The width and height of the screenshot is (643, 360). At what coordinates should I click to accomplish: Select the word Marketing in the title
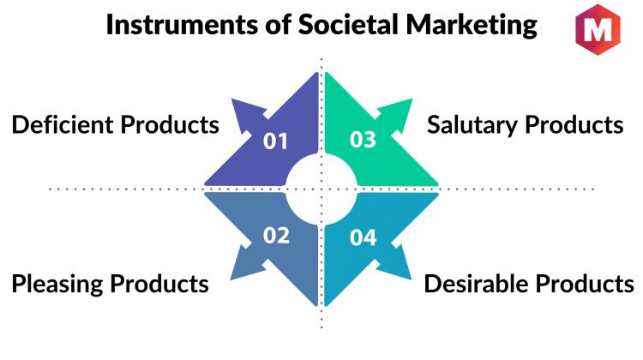[472, 26]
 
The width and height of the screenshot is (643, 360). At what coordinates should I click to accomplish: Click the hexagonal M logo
[598, 29]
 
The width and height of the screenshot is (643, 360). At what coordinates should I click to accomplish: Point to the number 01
[275, 141]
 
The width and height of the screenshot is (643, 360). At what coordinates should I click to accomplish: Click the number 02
[276, 236]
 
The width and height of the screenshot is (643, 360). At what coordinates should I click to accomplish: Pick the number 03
[363, 140]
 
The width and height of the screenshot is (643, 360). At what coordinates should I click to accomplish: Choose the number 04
[363, 237]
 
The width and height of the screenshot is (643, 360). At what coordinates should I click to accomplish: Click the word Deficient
[63, 124]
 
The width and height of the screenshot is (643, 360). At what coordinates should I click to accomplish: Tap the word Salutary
[472, 125]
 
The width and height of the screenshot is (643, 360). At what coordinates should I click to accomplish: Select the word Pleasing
[57, 285]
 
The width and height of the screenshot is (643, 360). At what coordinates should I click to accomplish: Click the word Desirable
[476, 284]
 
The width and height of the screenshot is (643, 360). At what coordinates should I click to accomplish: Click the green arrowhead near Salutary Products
[397, 113]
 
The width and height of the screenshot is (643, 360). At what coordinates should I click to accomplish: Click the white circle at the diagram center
[321, 189]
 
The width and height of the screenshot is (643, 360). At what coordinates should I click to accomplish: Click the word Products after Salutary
[574, 124]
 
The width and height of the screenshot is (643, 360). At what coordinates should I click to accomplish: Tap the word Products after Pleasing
[159, 284]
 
